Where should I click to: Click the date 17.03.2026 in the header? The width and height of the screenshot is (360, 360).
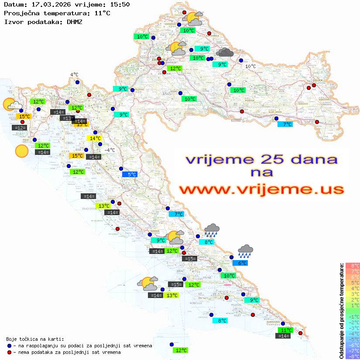[48, 4]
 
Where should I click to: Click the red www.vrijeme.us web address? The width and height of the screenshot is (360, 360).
[262, 189]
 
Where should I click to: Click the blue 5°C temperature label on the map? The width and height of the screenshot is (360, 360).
[132, 175]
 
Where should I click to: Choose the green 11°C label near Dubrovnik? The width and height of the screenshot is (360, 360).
[286, 330]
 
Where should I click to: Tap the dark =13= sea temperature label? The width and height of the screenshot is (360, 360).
[67, 118]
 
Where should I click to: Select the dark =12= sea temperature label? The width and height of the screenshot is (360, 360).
[20, 128]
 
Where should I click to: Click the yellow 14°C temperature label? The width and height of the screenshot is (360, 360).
[96, 138]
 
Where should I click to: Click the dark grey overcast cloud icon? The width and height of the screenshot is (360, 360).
[225, 53]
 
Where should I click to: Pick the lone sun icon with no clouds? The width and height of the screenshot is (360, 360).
[21, 151]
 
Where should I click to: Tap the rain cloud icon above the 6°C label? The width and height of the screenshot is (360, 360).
[245, 250]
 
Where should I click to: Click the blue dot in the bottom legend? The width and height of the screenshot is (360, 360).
[9, 346]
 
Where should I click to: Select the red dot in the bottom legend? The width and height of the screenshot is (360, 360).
[9, 352]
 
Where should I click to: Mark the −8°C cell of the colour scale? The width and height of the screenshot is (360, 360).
[352, 357]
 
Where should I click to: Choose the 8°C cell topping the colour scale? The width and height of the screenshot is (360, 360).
[352, 266]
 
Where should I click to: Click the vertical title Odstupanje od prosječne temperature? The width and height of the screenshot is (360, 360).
[341, 311]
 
